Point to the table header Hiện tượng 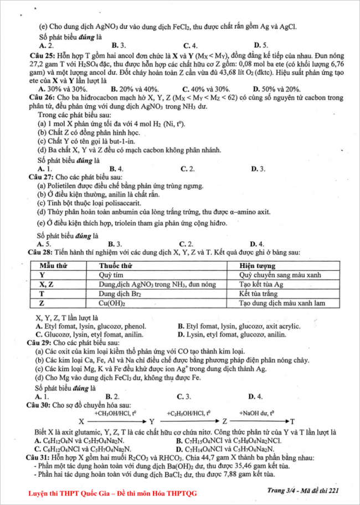click(x=256, y=266)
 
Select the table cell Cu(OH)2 click(x=111, y=303)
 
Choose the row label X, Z click(x=46, y=285)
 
